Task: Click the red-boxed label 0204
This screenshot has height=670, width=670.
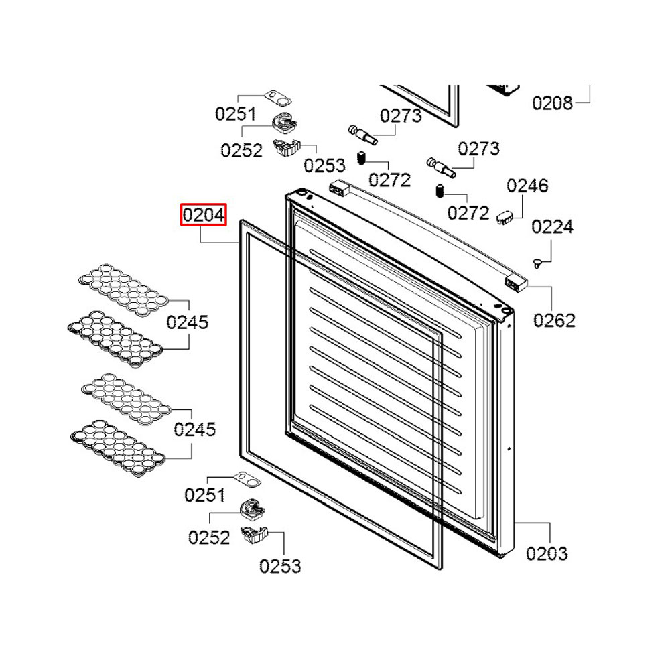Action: click(x=204, y=215)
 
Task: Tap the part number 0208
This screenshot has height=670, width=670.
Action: click(x=553, y=103)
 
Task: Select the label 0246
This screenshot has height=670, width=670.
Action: click(x=527, y=186)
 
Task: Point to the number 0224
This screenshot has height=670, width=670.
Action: click(x=553, y=227)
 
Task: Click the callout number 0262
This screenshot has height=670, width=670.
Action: click(x=554, y=320)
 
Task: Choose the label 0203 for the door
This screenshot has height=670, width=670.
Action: click(x=547, y=553)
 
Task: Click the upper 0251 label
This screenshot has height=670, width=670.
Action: click(x=235, y=114)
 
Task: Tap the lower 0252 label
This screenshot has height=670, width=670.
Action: click(x=209, y=537)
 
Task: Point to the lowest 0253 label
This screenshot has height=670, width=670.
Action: click(x=280, y=566)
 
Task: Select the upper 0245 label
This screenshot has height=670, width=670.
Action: click(x=188, y=322)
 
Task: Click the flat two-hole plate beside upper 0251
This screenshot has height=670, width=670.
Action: click(x=278, y=99)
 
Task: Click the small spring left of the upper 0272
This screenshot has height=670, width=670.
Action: click(x=360, y=159)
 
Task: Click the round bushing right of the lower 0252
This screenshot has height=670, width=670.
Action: click(x=252, y=511)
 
